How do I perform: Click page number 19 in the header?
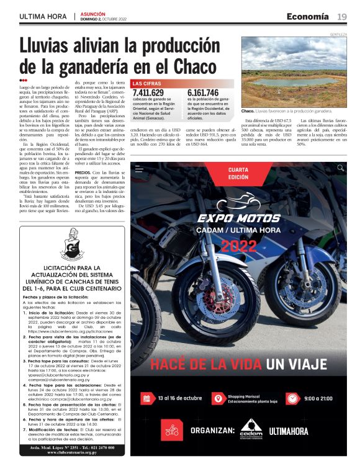342,16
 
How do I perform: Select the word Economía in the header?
307,16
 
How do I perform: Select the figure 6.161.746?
203,93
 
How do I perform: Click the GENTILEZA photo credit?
338,35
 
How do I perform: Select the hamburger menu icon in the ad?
139,168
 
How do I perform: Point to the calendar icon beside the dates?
146,398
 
